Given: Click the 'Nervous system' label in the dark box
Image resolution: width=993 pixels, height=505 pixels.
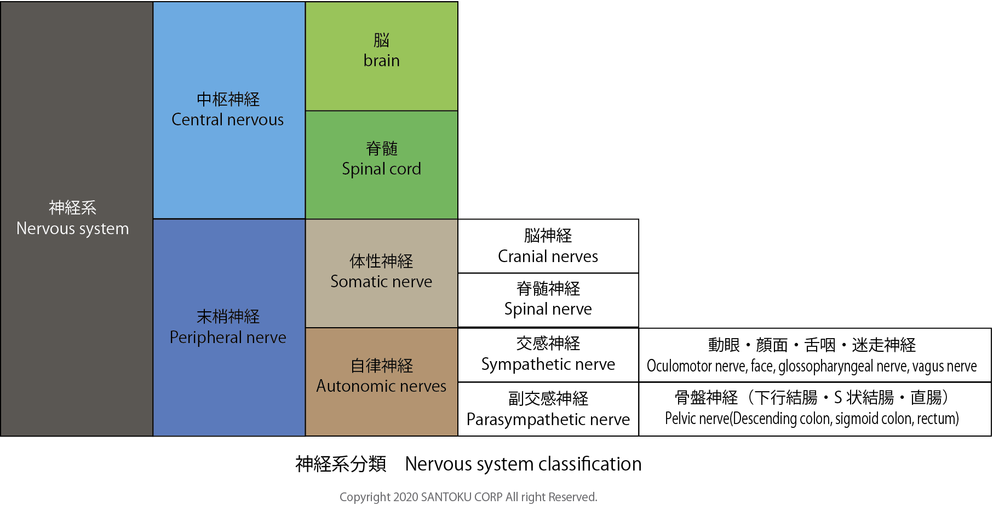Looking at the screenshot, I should tap(72, 228).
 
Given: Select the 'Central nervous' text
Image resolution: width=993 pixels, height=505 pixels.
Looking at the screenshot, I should tap(227, 120).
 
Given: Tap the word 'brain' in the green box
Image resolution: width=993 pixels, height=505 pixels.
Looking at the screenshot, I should tap(381, 61).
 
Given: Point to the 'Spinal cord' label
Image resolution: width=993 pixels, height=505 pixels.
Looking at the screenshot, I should tap(381, 169).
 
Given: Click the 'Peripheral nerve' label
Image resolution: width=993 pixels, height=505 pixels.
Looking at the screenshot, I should tap(227, 338).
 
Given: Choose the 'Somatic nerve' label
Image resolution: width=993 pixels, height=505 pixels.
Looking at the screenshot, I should tap(381, 282).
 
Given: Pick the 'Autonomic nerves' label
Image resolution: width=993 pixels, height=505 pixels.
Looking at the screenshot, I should tap(381, 386).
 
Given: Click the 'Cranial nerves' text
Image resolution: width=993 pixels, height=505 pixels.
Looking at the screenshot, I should tap(548, 257).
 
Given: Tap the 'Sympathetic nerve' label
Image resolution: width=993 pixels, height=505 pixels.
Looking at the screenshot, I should tap(548, 364).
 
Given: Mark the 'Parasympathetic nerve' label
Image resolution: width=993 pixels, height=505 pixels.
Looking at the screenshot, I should tap(548, 420).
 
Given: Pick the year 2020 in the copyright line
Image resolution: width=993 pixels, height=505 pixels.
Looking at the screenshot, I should tap(405, 497).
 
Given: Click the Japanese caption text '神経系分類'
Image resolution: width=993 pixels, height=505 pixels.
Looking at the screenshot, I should tap(341, 464).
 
